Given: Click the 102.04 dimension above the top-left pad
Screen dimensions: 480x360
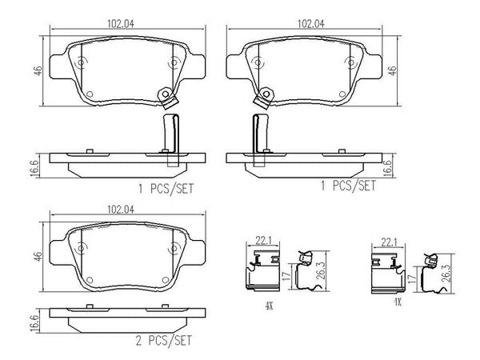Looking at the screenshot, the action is tap(121, 24).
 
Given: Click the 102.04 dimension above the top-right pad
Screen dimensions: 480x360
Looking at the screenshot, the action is tap(311, 24).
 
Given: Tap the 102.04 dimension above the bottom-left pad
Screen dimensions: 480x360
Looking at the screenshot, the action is tap(121, 210).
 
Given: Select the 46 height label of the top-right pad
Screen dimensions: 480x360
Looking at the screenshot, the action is tap(392, 71).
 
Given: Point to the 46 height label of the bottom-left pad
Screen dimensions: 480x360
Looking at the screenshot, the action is tap(38, 257).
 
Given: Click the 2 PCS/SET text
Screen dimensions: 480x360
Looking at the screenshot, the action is tap(164, 341).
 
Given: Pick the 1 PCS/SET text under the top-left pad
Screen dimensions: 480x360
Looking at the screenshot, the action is tap(166, 189).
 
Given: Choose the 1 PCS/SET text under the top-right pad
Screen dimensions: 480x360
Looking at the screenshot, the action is tap(348, 186).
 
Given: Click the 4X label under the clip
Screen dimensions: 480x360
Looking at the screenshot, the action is tap(269, 306).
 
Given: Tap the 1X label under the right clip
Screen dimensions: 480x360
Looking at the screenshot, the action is tap(398, 302).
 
